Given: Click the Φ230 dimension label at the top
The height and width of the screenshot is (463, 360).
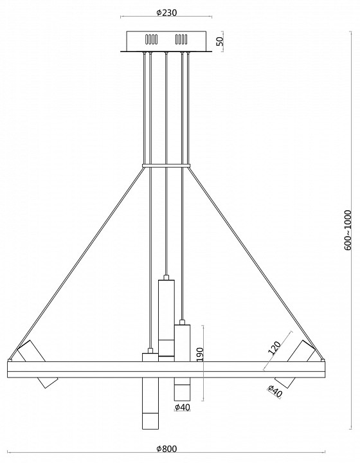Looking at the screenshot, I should click(x=166, y=12).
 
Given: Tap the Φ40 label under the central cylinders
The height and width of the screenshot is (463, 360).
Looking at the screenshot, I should click(x=183, y=407).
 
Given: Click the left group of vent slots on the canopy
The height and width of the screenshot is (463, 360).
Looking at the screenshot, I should click(x=150, y=39).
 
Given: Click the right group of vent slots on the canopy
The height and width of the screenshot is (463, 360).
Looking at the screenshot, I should click(x=182, y=39).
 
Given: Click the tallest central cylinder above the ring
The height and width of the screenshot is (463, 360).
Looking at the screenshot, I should click(x=166, y=318).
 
